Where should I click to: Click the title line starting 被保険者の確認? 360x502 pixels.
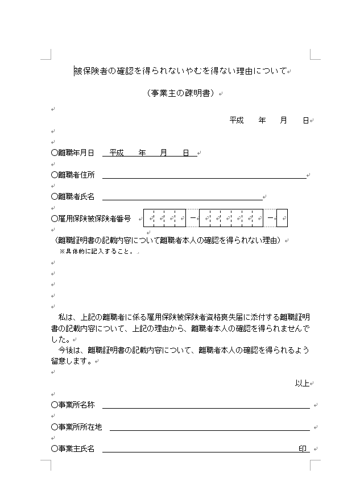pyautogui.click(x=181, y=71)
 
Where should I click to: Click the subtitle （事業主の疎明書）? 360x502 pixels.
pyautogui.click(x=181, y=93)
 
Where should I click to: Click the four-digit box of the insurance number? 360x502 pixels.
pyautogui.click(x=164, y=218)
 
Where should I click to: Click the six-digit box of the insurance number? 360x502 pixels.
pyautogui.click(x=231, y=218)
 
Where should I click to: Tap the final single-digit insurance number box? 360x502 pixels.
pyautogui.click(x=282, y=218)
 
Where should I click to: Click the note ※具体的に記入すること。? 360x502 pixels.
pyautogui.click(x=96, y=251)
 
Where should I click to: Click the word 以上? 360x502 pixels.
pyautogui.click(x=301, y=383)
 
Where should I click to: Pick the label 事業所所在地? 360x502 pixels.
pyautogui.click(x=76, y=427)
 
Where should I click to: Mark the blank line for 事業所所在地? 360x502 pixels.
pyautogui.click(x=209, y=429)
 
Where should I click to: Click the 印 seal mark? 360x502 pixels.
pyautogui.click(x=303, y=448)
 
